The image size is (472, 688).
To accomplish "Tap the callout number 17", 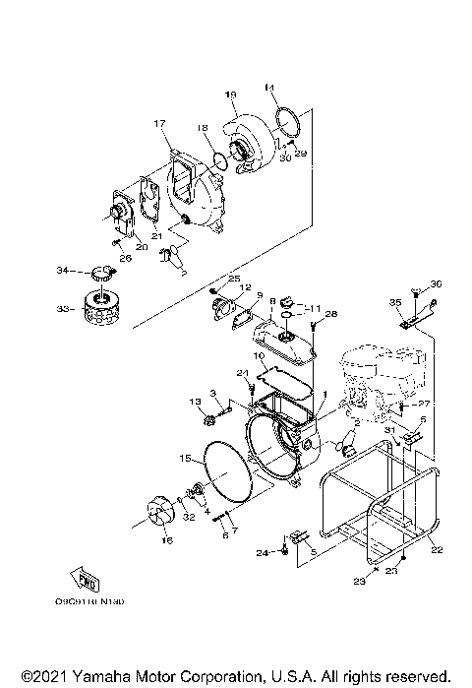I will point(156,123).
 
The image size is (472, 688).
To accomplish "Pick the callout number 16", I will point(164,540).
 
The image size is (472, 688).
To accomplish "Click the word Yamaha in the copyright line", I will point(94,677).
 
